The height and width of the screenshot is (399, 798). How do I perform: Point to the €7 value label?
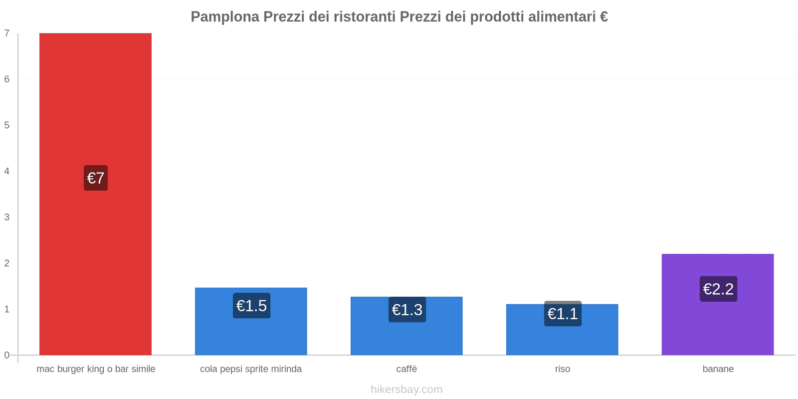coord(96,178)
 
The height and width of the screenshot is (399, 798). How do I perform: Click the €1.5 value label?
coord(251,306)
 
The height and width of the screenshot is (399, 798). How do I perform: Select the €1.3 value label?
coord(407,310)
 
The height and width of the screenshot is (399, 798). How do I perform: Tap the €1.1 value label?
coord(563,314)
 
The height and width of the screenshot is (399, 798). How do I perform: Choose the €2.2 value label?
coord(718,289)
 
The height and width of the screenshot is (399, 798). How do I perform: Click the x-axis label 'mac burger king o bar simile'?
coord(96,369)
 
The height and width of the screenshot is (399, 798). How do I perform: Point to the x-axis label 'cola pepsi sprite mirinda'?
coord(251,369)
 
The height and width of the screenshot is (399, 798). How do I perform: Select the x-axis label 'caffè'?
coord(406,369)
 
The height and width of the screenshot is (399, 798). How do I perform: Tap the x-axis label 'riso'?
coord(562,369)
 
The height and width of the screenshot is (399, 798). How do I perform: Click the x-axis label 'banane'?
coord(718,369)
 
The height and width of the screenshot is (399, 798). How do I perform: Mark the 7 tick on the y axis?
coord(7,33)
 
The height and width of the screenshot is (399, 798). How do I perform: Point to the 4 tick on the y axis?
coord(7,171)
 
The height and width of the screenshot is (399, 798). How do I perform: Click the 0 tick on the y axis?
coord(7,355)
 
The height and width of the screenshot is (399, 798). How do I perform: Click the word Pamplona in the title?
coord(224,17)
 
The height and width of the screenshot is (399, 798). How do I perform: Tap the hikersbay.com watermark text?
coord(406,390)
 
